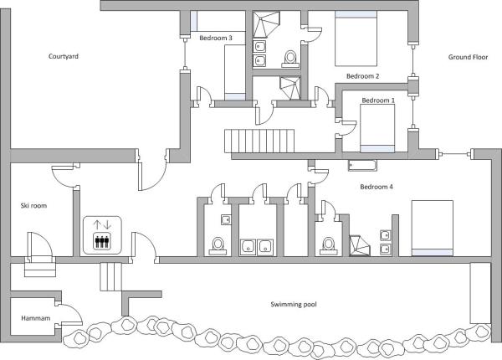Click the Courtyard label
coord(62,56)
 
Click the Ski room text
coord(33,205)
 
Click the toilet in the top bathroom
coord(290,57)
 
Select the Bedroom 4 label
coord(376,186)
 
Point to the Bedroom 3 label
coord(217,37)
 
